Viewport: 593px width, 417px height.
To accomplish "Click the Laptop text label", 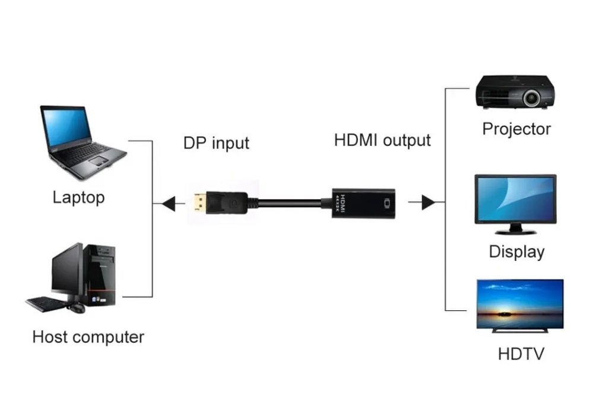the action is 79,198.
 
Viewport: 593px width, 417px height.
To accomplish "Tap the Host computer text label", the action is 88,337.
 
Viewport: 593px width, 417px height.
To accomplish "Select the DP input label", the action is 216,144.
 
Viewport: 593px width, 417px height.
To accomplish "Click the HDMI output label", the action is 382,140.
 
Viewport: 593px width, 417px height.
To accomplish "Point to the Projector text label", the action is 516,129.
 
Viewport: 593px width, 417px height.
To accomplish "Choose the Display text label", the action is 516,252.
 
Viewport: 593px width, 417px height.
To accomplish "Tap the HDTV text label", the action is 521,354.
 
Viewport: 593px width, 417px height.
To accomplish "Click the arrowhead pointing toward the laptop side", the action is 169,204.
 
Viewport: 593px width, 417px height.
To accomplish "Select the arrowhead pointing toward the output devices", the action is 429,202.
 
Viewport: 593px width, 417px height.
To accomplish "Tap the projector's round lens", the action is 532,98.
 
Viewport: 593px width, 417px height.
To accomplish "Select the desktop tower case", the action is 99,275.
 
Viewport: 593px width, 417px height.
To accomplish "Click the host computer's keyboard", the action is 46,304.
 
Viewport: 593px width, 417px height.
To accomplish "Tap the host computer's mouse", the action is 77,308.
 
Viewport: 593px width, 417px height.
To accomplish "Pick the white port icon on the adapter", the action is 387,203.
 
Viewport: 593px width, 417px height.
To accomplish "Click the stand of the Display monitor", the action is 515,230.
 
